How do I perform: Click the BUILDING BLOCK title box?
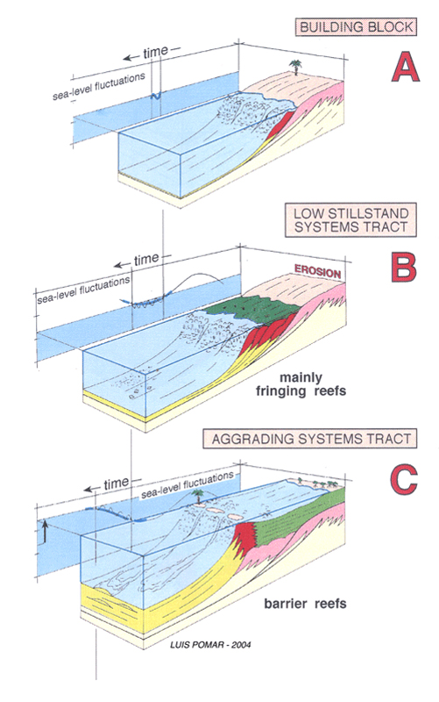(356, 27)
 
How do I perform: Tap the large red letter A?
(405, 67)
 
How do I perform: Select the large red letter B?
(404, 268)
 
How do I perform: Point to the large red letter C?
(404, 479)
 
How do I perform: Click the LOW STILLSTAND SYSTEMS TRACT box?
(350, 219)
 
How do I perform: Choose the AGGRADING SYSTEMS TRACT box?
(310, 438)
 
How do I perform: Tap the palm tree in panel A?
(295, 67)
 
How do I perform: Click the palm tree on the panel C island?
(196, 496)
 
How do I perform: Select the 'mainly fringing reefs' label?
(301, 384)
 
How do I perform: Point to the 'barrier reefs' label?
(305, 604)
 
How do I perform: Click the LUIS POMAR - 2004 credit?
(210, 645)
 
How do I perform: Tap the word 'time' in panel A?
(156, 52)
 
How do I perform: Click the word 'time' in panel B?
(146, 260)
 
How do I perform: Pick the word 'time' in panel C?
(117, 484)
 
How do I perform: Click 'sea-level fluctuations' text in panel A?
(99, 86)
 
